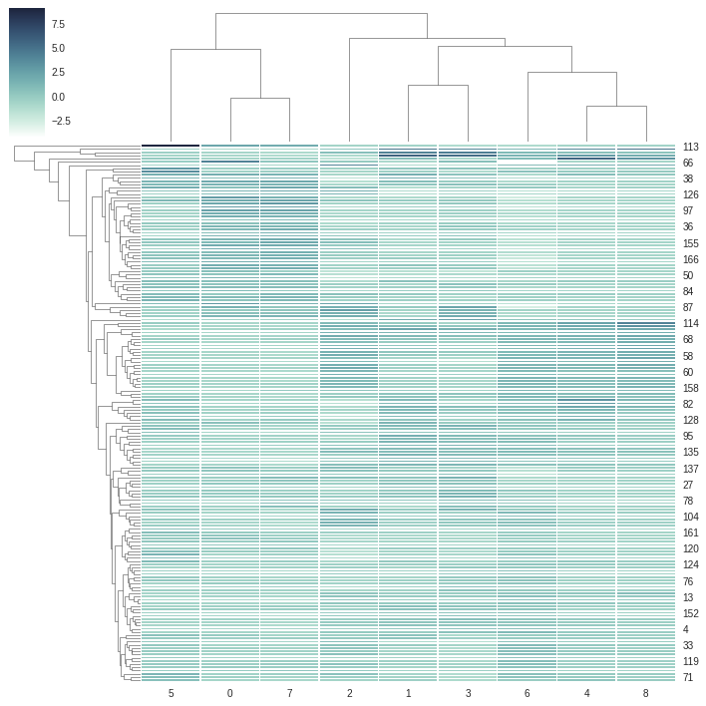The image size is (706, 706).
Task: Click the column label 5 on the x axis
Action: pyautogui.click(x=171, y=693)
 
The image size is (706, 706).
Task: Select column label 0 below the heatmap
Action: pyautogui.click(x=230, y=693)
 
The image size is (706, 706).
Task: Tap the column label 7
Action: pyautogui.click(x=289, y=693)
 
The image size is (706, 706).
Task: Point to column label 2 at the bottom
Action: pyautogui.click(x=349, y=693)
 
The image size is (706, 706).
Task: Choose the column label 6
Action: pyautogui.click(x=527, y=693)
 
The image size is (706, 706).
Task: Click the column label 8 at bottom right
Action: pyautogui.click(x=645, y=693)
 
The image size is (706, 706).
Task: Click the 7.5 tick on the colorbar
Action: pyautogui.click(x=58, y=24)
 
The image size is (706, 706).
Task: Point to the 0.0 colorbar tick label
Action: pyautogui.click(x=58, y=97)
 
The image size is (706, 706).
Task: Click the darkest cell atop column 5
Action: pyautogui.click(x=171, y=145)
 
